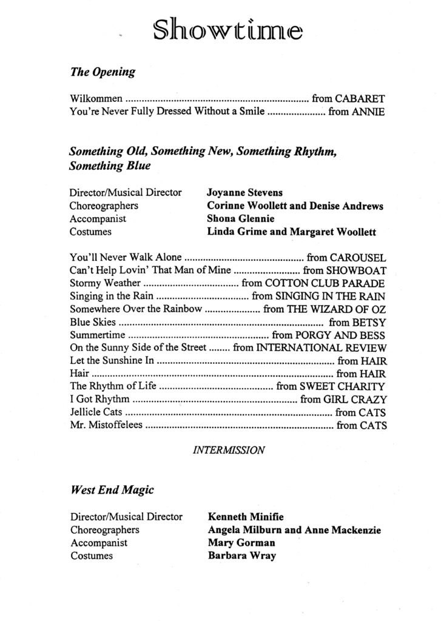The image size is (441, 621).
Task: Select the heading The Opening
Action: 103,73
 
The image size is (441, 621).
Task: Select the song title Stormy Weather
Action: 104,283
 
